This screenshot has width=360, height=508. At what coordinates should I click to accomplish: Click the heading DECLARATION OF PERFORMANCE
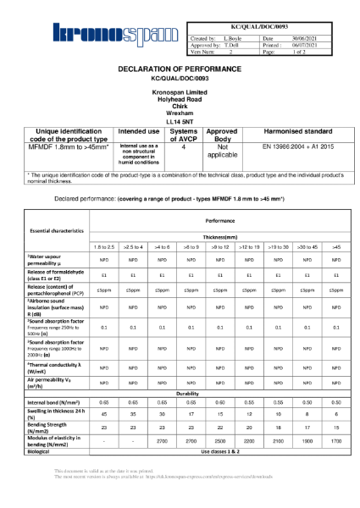tap(179, 69)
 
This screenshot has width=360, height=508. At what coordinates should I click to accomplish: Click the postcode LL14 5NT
tap(179, 122)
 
